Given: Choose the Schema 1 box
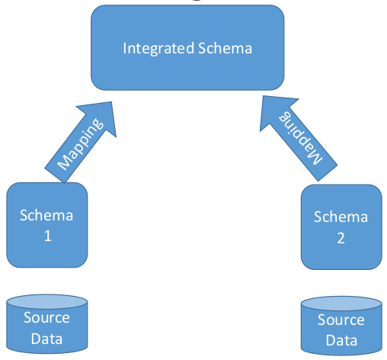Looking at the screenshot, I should click(47, 225).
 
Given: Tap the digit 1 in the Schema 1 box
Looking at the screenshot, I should click(47, 236).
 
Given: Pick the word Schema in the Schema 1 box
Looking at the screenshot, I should click(47, 215).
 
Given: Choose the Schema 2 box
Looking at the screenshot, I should click(341, 227).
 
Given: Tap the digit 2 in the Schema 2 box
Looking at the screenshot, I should click(341, 238).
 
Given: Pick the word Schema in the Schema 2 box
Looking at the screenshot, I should click(341, 217).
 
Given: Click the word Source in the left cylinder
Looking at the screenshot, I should click(46, 318).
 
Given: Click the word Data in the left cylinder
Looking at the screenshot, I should click(46, 338).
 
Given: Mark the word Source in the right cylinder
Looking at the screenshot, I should click(341, 320).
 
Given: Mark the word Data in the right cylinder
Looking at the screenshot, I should click(341, 340).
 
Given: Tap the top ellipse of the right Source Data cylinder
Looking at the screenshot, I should click(341, 304).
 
